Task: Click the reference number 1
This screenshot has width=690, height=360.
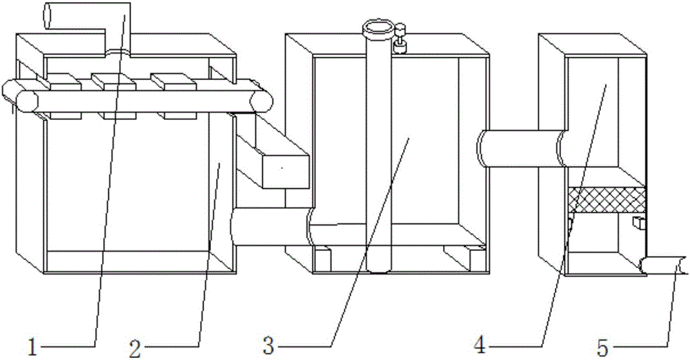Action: tap(32, 347)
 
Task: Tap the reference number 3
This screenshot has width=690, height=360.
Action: tap(268, 346)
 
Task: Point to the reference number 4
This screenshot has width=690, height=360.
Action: tap(480, 346)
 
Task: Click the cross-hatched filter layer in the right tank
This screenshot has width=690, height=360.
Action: tap(607, 199)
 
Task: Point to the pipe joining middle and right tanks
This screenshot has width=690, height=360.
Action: tap(524, 149)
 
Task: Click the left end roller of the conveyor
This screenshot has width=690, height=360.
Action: tap(20, 95)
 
